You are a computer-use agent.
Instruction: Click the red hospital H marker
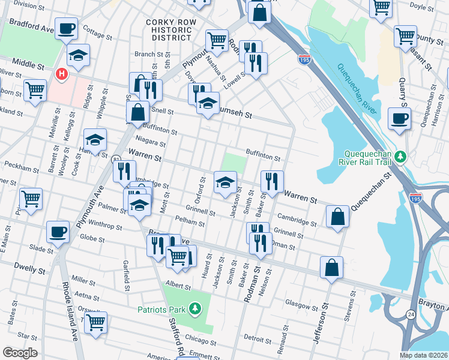coord(61,74)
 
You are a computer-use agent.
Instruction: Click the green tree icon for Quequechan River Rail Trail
coord(399,157)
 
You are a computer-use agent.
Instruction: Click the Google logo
coord(20,353)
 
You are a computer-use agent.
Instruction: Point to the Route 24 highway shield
coord(411,314)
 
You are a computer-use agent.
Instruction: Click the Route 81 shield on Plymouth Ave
coord(115,159)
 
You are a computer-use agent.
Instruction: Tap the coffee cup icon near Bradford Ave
coord(66,28)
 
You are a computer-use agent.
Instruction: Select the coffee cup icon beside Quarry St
coord(399,118)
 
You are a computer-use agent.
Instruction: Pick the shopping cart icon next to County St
coord(406,35)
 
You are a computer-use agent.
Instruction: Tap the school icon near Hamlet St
coord(95,140)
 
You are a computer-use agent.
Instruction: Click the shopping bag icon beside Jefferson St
coord(331,268)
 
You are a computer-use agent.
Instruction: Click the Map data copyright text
coord(423,355)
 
